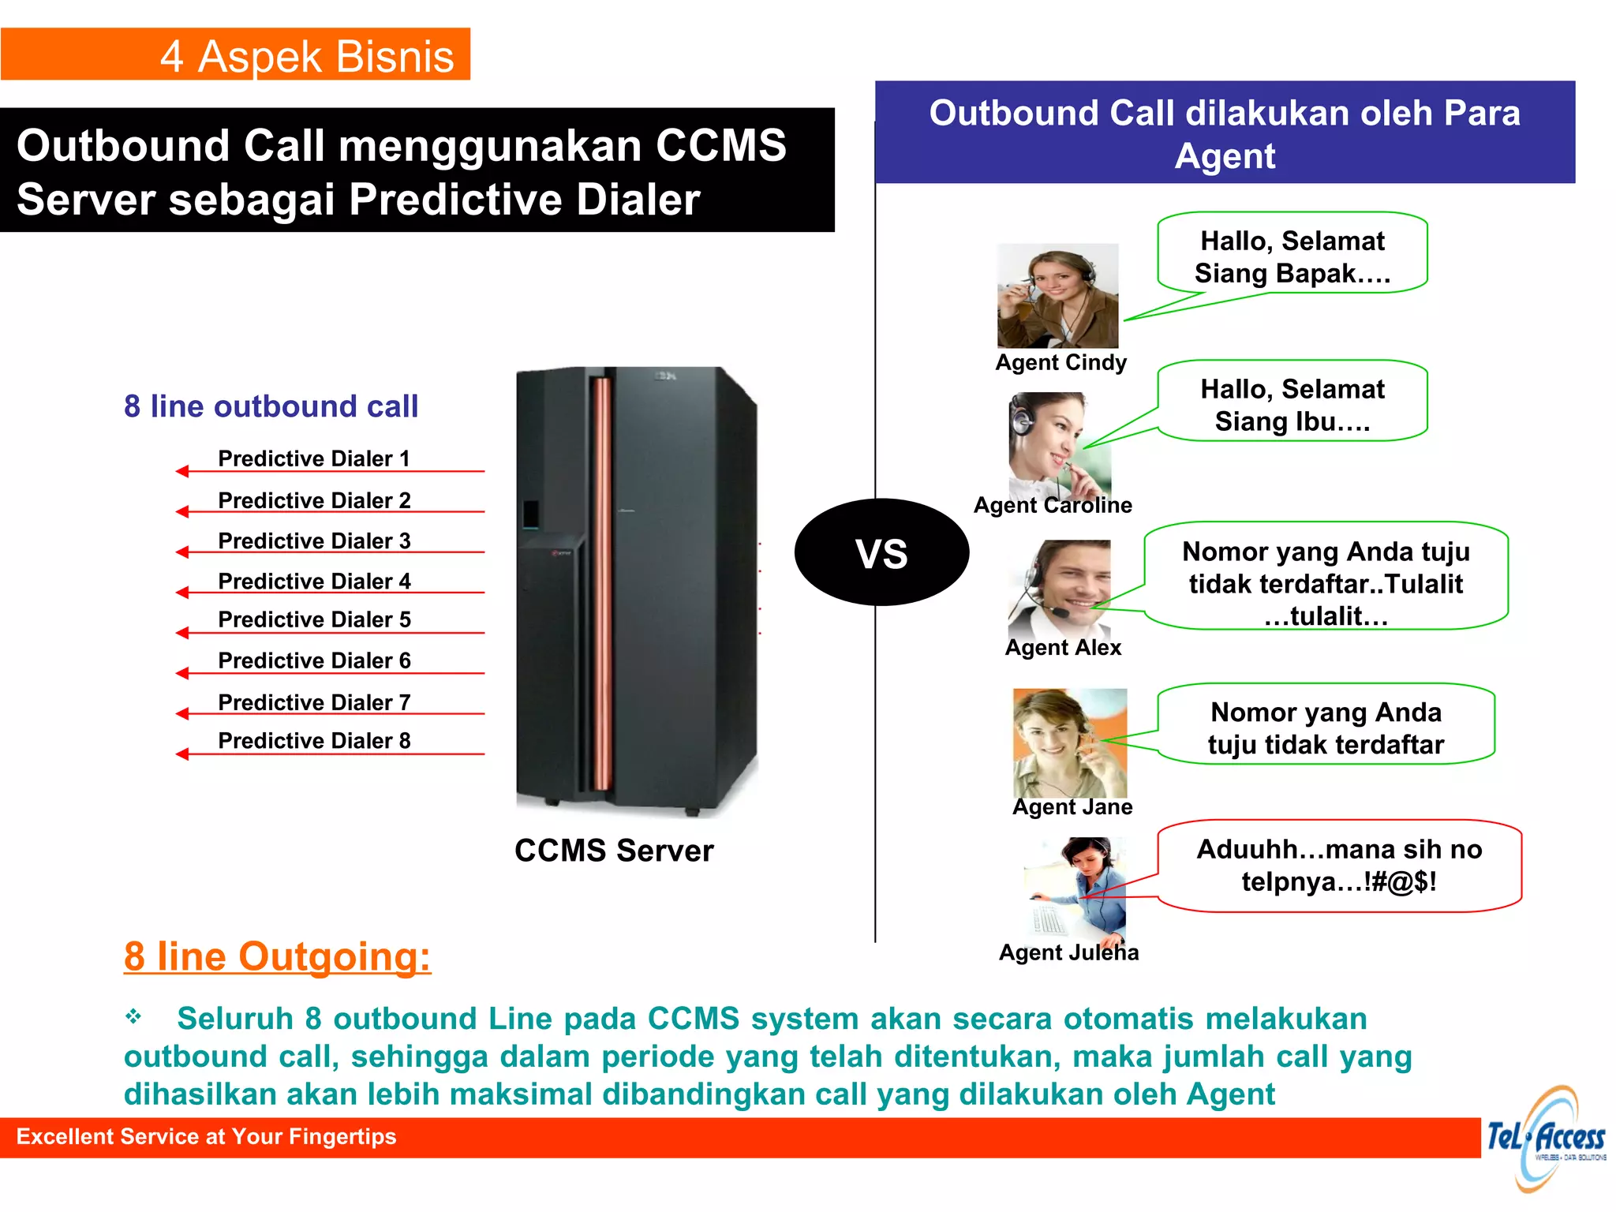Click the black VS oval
[x=881, y=552]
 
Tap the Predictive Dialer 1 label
[x=314, y=458]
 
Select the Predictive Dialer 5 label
[x=314, y=619]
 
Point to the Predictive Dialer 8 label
[x=314, y=740]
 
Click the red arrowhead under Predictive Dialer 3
[x=182, y=552]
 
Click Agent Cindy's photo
[x=1057, y=296]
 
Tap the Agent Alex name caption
[x=1063, y=648]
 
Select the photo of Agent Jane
[x=1070, y=742]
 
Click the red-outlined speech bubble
[x=1339, y=866]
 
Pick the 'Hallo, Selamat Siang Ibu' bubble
[x=1292, y=404]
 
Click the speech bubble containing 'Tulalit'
[x=1326, y=582]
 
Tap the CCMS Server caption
[x=614, y=851]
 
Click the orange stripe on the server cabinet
[x=603, y=584]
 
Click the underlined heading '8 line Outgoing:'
[x=277, y=956]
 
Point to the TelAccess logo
[x=1546, y=1139]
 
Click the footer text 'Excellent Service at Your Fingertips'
[x=206, y=1136]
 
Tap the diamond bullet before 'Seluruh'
[x=133, y=1016]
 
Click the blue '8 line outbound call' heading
[x=271, y=406]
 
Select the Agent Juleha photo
[x=1078, y=888]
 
